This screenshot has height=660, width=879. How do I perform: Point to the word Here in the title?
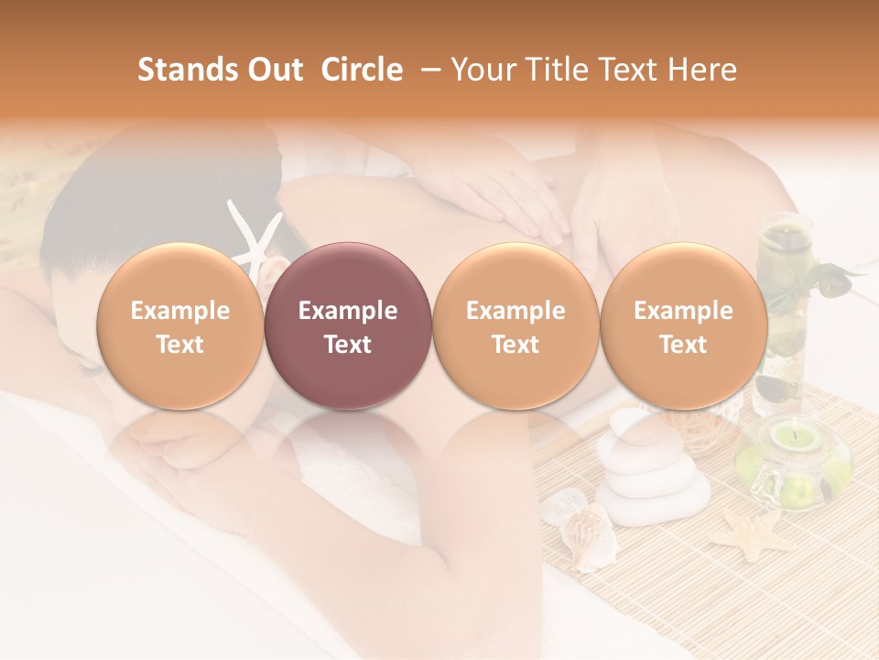tap(703, 70)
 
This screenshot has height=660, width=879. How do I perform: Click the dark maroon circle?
tap(348, 326)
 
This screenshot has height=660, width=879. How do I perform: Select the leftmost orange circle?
tap(180, 326)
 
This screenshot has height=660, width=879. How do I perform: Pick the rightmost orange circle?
tap(684, 326)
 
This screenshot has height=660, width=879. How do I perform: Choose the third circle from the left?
tap(515, 326)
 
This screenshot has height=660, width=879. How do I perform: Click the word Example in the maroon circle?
tap(348, 311)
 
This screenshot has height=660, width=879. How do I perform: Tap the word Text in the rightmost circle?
tap(684, 345)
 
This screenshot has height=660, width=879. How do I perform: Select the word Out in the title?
tap(274, 70)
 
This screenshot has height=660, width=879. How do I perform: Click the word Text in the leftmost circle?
tap(180, 345)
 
